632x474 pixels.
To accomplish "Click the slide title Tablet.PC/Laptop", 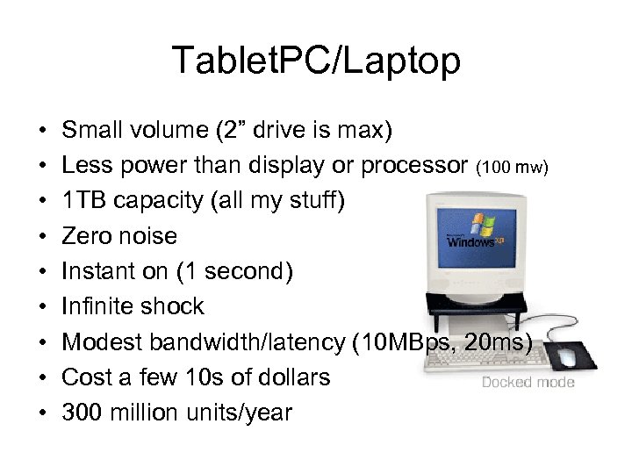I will (x=316, y=61).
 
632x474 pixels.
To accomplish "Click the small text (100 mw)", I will (x=513, y=166).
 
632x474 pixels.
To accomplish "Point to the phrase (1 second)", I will (x=234, y=271).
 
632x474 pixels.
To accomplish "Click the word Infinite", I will (x=95, y=306).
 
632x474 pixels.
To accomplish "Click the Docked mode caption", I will (x=528, y=382).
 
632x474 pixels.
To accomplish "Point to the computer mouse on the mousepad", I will (x=568, y=356).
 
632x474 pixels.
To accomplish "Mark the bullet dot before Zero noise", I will (x=42, y=237).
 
